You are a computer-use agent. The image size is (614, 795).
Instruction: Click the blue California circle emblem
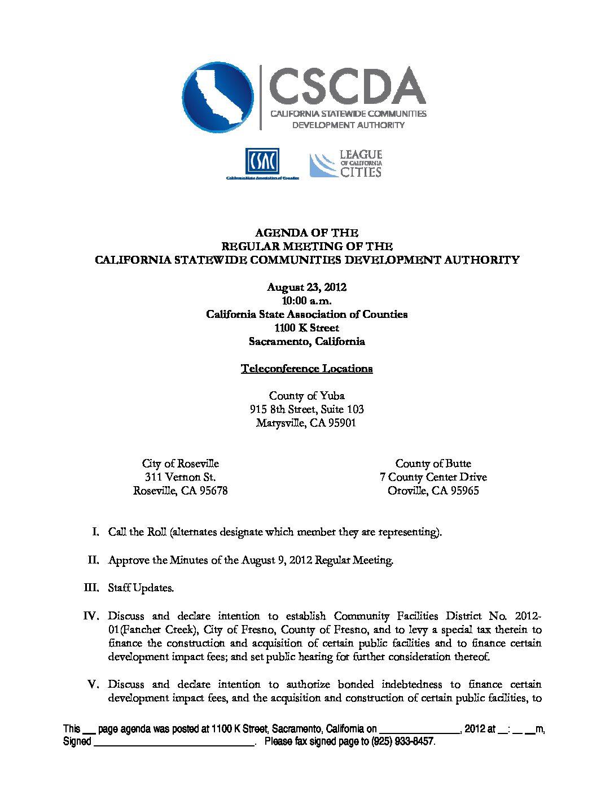point(218,97)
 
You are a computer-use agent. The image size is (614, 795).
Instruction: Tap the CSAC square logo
point(262,161)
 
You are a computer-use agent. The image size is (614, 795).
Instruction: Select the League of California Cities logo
point(345,164)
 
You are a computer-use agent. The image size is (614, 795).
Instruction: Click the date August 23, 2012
point(306,287)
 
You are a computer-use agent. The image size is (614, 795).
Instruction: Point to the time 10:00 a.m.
point(306,300)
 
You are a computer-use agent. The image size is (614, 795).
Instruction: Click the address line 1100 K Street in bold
point(306,327)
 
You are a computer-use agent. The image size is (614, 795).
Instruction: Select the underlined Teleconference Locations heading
point(306,369)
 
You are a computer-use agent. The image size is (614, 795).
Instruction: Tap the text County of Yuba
point(306,395)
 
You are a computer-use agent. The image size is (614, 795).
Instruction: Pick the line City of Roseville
point(180,464)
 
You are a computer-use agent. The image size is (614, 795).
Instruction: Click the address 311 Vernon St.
point(180,477)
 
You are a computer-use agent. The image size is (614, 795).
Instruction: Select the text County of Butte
point(433,464)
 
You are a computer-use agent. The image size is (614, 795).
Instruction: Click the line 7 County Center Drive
point(433,477)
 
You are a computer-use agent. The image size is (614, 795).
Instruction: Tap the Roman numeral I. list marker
point(97,532)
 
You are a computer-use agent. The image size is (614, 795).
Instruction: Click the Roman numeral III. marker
point(91,588)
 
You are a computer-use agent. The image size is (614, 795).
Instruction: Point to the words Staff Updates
point(141,588)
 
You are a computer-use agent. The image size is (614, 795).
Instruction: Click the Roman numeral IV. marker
point(91,616)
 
